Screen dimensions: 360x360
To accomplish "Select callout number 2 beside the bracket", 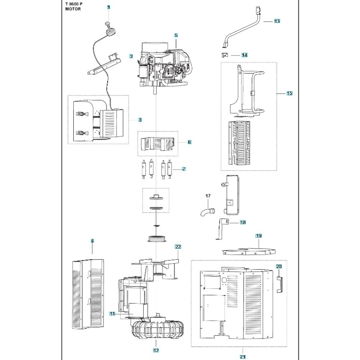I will point(131,57).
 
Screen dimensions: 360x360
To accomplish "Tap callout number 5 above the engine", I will point(176,36).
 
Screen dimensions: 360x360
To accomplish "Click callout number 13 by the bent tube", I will point(276,21).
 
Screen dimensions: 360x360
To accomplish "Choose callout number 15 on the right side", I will point(289,94).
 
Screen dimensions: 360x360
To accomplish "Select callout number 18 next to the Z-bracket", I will point(243,222).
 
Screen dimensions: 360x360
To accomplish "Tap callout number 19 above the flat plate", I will point(258,236).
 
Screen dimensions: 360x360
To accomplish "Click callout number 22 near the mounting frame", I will point(178,247).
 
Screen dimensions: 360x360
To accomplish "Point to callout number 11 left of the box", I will point(112,314).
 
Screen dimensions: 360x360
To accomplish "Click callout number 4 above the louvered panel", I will point(92,240).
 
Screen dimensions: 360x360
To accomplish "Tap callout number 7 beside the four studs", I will point(184,169).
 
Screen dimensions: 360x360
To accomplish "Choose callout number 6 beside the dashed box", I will point(189,142).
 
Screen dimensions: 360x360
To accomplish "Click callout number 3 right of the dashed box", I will point(140,120).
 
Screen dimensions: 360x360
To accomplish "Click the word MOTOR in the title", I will point(73,9).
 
